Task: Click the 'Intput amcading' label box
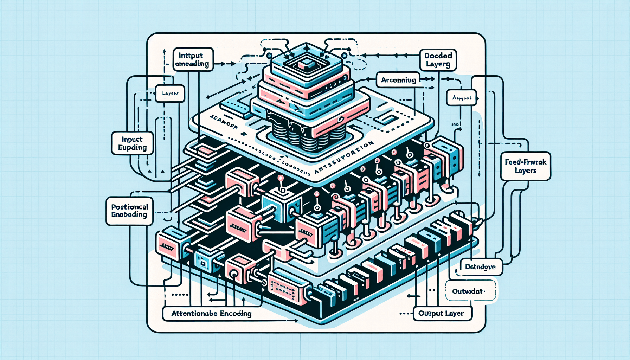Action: tap(193, 59)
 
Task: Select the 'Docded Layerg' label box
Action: tap(438, 60)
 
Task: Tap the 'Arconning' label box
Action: tap(398, 80)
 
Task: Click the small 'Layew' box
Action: tap(170, 94)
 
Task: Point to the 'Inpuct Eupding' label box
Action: tap(132, 143)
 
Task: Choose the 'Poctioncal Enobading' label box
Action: tap(129, 211)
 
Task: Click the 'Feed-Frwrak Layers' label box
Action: tap(526, 166)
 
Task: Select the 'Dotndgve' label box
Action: tap(481, 267)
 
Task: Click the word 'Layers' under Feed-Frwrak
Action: tap(526, 171)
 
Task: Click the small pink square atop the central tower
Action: tap(304, 64)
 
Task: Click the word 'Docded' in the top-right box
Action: tap(438, 56)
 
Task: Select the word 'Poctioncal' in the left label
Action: tap(130, 207)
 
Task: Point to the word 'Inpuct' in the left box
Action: tap(132, 139)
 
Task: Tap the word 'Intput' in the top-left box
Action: tap(191, 56)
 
